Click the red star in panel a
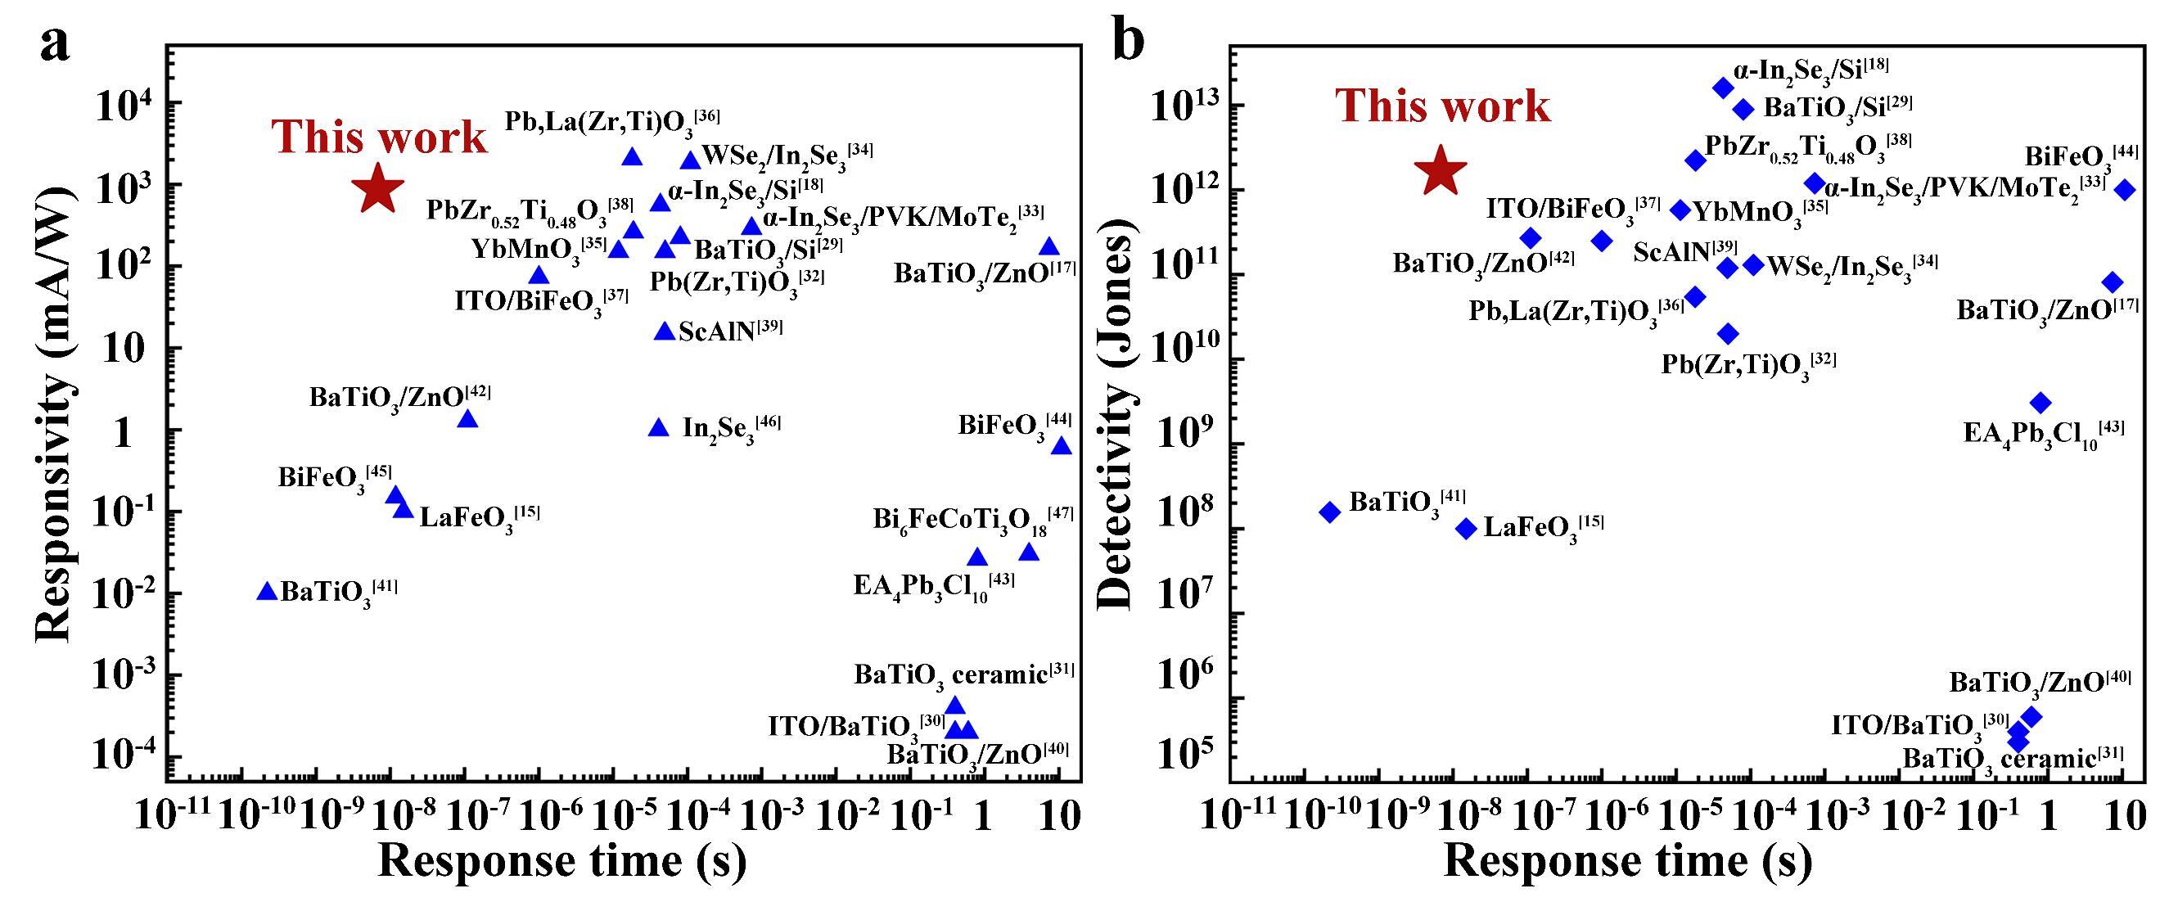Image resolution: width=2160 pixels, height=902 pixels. tap(377, 189)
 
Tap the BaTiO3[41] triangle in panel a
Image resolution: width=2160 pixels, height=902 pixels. tap(267, 592)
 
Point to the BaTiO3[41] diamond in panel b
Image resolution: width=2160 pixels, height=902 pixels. tap(1330, 512)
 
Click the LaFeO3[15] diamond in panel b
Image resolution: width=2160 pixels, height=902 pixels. tap(1466, 528)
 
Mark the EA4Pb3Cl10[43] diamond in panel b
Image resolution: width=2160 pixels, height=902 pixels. tap(2041, 403)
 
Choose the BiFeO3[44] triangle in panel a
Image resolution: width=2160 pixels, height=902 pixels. tap(1062, 446)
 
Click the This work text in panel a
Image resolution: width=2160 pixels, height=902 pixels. tap(379, 137)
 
